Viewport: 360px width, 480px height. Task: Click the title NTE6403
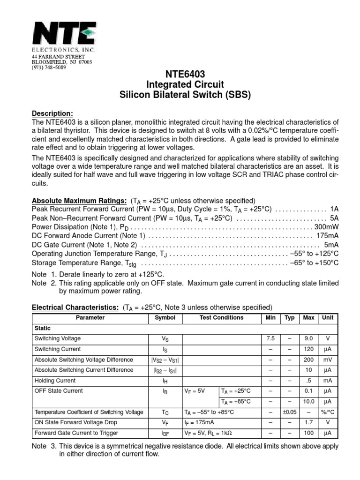click(185, 74)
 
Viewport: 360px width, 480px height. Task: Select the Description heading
click(52, 113)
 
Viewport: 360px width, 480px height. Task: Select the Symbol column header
click(165, 318)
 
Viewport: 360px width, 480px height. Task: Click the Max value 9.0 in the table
click(308, 338)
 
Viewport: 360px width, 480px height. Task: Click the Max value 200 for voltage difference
click(308, 360)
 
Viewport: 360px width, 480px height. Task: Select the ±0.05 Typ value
click(289, 412)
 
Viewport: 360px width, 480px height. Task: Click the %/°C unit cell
click(327, 412)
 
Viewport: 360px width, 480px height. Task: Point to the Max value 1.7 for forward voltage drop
click(308, 422)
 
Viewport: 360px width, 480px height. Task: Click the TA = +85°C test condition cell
click(236, 402)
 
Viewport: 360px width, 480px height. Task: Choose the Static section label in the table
click(43, 328)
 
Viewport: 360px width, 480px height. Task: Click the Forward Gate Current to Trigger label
click(76, 433)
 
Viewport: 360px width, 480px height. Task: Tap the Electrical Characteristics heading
click(75, 307)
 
